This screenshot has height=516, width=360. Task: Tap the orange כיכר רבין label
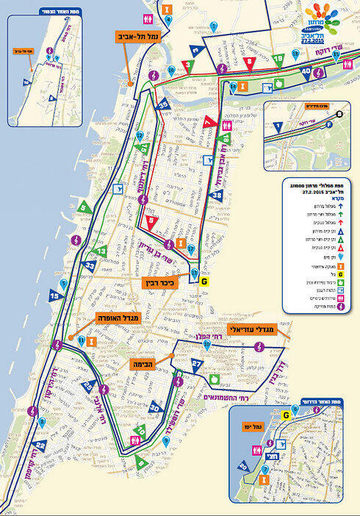[163, 282]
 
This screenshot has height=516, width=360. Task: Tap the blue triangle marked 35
[163, 105]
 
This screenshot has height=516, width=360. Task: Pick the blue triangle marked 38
[215, 196]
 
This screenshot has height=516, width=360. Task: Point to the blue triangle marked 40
[306, 72]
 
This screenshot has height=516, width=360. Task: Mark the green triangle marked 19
[277, 60]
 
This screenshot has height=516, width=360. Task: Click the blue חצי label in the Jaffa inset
[290, 456]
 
